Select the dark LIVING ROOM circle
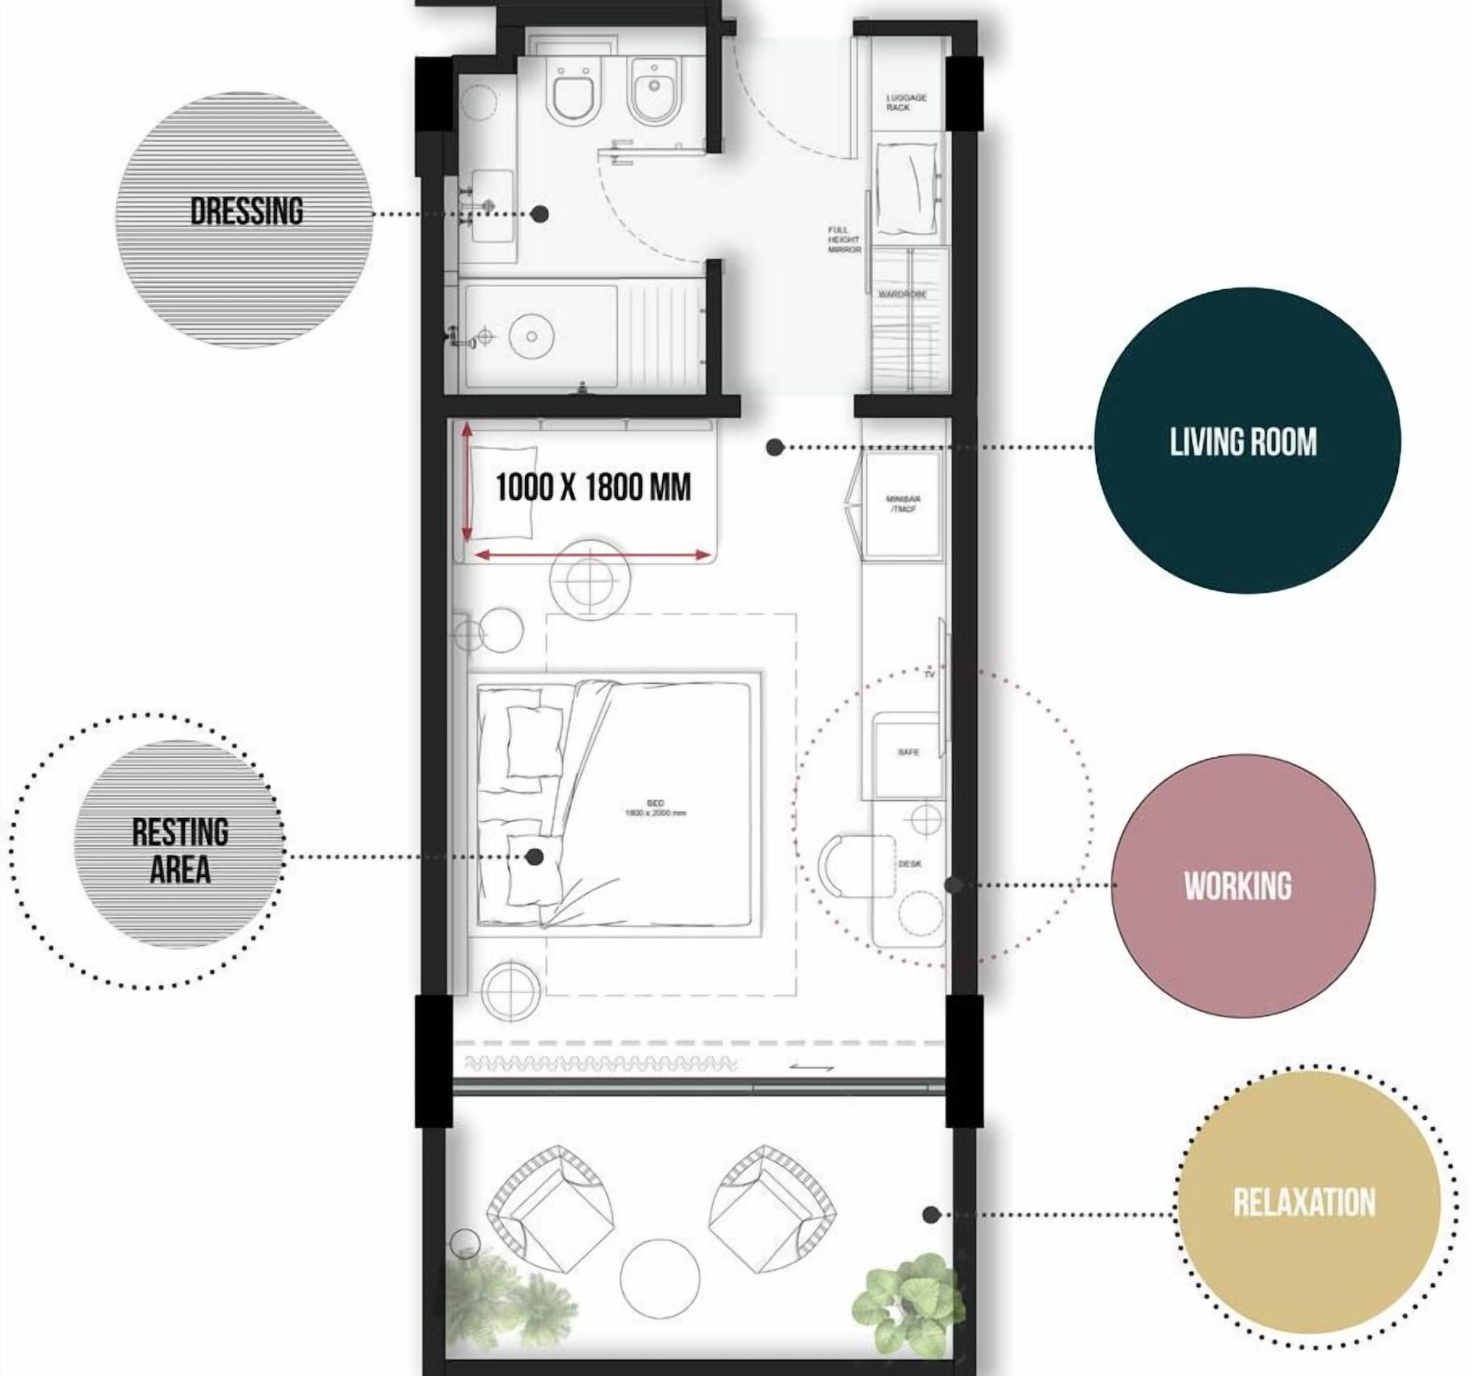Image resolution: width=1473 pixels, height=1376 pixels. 1247,442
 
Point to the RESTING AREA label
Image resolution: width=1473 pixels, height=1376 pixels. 180,852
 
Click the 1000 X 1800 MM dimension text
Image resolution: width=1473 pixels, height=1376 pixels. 593,487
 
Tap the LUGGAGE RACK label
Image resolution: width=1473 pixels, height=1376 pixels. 906,102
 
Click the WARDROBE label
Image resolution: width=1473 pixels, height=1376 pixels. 902,294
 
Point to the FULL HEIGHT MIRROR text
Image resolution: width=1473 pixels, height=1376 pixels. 844,240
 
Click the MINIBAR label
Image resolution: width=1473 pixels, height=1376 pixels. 903,504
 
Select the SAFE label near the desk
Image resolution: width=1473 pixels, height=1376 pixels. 907,752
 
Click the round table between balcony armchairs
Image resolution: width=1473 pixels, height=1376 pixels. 659,1279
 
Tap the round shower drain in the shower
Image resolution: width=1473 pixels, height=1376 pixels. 531,336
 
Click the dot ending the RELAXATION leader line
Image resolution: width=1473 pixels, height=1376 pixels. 932,1215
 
